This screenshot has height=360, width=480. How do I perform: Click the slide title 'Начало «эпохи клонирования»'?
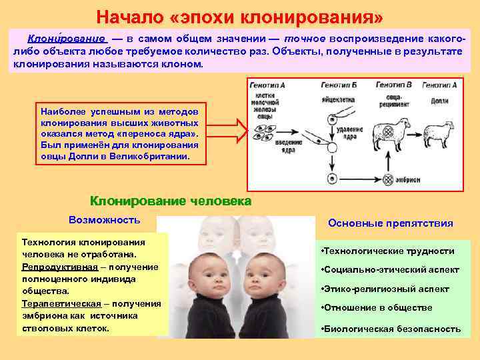tap(240, 15)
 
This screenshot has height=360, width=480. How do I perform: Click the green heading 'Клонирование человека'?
tap(171, 201)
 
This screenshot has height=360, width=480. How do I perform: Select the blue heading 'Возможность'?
tap(105, 220)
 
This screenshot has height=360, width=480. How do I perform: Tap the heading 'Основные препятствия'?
tap(391, 223)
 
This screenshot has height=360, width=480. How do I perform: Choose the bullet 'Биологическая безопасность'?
tap(391, 329)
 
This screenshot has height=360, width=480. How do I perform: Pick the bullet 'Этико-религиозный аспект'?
tap(386, 289)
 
